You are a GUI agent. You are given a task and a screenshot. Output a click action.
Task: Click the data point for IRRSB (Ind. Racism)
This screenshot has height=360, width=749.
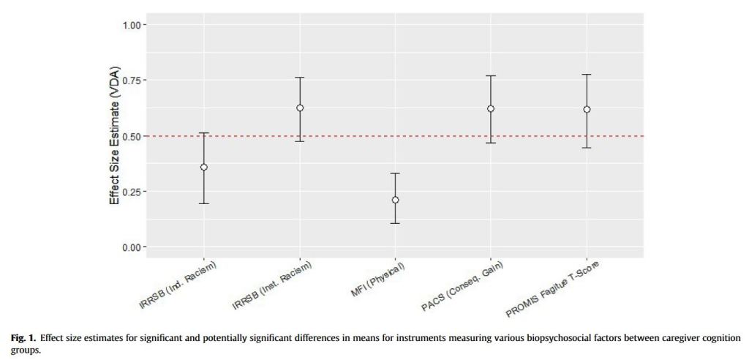click(x=204, y=167)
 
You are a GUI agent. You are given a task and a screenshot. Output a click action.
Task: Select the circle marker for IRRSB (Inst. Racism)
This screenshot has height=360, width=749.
click(x=300, y=108)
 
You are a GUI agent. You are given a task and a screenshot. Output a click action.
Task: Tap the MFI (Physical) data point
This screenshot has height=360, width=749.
click(x=395, y=200)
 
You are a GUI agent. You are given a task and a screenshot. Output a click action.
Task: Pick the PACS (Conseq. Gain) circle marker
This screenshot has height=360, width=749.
click(x=491, y=108)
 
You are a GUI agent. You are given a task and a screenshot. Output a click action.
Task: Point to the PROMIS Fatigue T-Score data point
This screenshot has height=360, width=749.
click(x=587, y=109)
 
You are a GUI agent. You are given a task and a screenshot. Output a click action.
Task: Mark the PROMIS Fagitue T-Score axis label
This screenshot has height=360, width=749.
click(x=553, y=290)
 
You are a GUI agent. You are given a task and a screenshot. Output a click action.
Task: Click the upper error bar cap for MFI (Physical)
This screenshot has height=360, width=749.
click(x=395, y=173)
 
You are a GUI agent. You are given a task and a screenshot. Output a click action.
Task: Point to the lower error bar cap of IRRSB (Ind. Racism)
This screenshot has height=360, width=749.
click(x=204, y=203)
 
